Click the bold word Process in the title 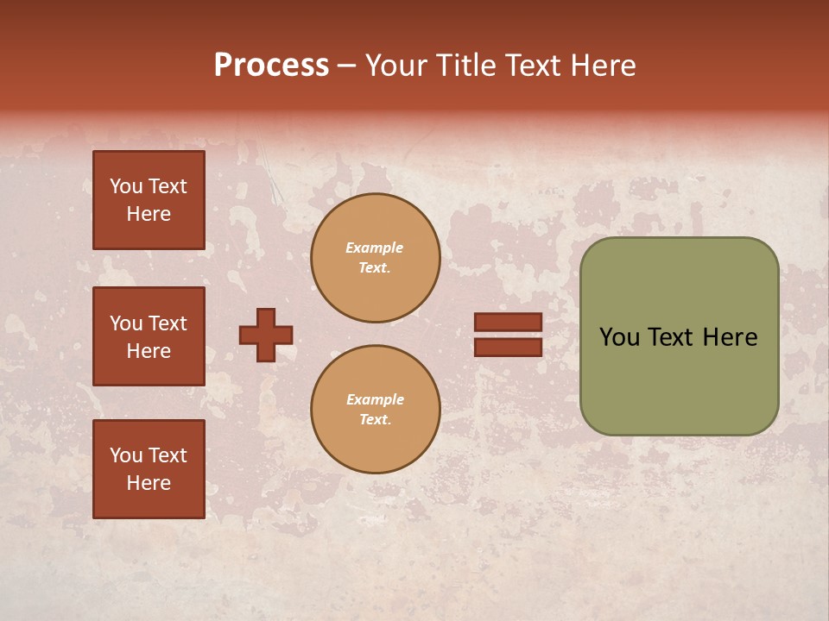click(271, 66)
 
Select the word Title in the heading click(465, 66)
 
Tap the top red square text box click(149, 200)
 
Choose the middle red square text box click(149, 336)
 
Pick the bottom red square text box click(149, 469)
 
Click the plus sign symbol click(266, 335)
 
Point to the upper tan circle click(375, 258)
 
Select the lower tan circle click(375, 410)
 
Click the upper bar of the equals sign click(508, 322)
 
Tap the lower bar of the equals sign click(508, 347)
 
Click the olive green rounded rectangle click(679, 336)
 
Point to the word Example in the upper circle click(374, 248)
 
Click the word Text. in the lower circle click(375, 420)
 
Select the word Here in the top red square click(149, 214)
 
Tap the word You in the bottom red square click(126, 455)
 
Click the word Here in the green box click(731, 337)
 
